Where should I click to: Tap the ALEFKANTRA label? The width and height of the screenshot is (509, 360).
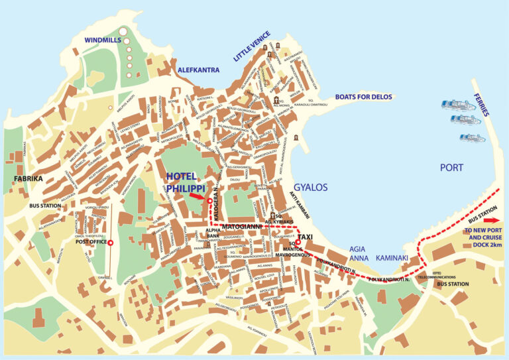199,69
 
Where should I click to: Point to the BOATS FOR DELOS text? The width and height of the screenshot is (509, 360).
363,97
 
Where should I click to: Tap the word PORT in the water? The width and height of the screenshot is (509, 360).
451,168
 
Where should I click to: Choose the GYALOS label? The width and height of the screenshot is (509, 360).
311,188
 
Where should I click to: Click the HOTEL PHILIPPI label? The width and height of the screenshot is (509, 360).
186,182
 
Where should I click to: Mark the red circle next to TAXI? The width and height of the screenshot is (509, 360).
298,243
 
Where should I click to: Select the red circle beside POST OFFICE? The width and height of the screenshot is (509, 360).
111,243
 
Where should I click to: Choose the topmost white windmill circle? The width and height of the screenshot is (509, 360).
123,30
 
